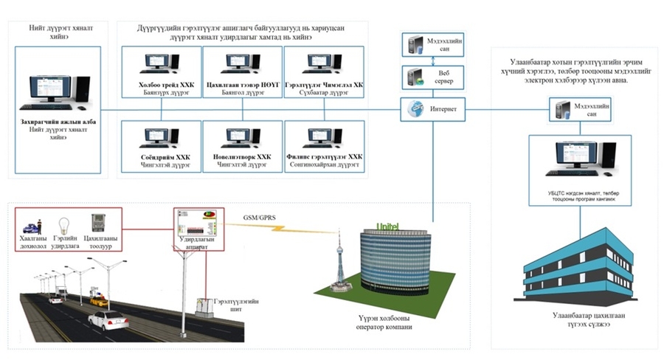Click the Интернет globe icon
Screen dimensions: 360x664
coord(415,108)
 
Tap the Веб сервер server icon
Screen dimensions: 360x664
coord(413,76)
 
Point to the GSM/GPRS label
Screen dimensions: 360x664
coord(260,217)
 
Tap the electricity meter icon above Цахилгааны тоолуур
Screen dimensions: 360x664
coord(97,223)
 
